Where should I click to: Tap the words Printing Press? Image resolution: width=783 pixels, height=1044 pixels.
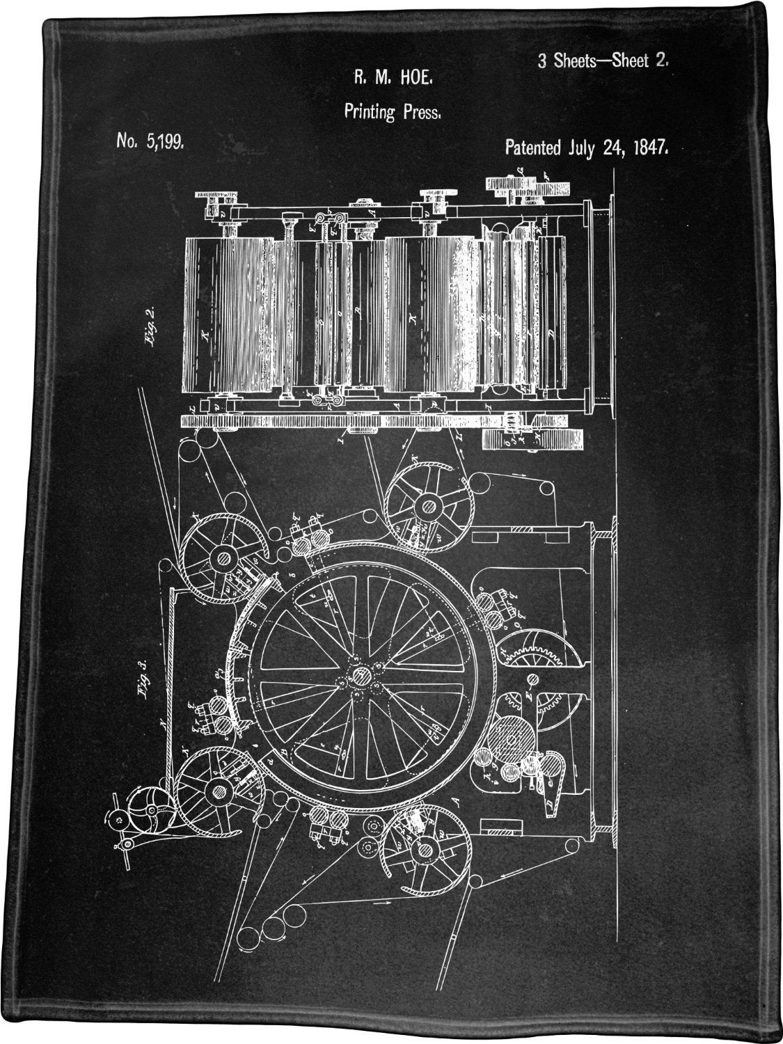pyautogui.click(x=391, y=111)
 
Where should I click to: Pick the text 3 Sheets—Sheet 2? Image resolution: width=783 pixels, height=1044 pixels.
pyautogui.click(x=603, y=61)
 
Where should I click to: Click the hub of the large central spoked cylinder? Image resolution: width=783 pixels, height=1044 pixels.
pyautogui.click(x=361, y=675)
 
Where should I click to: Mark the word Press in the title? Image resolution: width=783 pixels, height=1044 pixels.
pyautogui.click(x=420, y=111)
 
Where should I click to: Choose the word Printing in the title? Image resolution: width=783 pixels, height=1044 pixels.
pyautogui.click(x=369, y=111)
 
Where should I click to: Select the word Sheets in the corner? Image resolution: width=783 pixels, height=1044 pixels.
pyautogui.click(x=569, y=61)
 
